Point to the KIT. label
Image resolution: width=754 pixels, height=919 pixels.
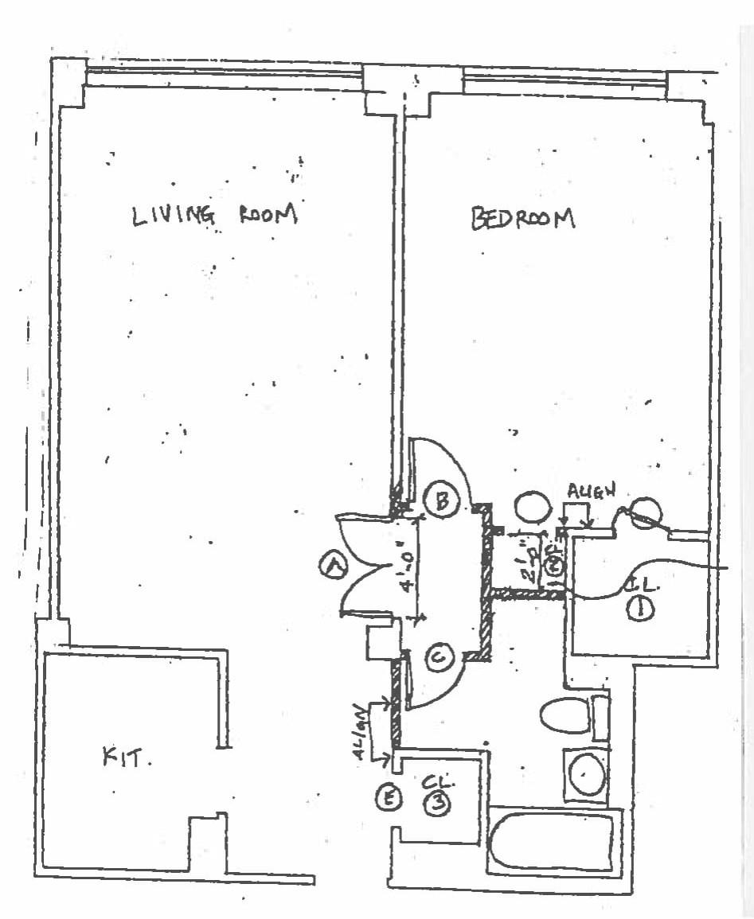pyautogui.click(x=127, y=757)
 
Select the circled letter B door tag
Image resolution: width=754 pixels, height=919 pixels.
pyautogui.click(x=440, y=500)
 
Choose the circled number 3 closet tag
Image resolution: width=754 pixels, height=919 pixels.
pyautogui.click(x=437, y=804)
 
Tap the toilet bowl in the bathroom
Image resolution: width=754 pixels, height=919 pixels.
pyautogui.click(x=565, y=714)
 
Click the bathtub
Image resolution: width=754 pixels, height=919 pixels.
pyautogui.click(x=553, y=843)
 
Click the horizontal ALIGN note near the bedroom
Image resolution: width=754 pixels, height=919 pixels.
pyautogui.click(x=591, y=491)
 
